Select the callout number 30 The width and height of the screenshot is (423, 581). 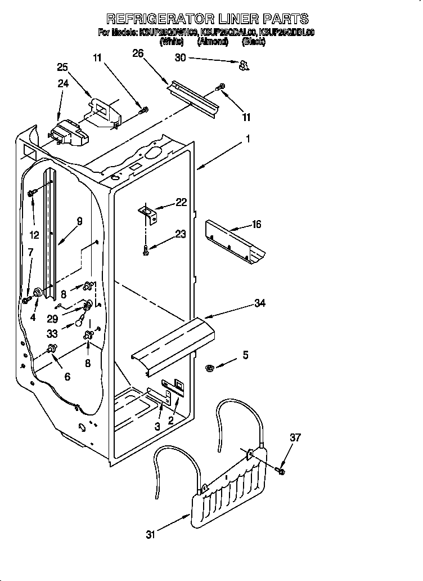click(180, 57)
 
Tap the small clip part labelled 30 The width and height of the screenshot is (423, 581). click(244, 66)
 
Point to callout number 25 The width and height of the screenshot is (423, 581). click(63, 66)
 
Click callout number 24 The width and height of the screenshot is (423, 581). click(63, 84)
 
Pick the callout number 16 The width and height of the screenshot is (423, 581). click(256, 225)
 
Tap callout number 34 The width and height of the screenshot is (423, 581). click(259, 303)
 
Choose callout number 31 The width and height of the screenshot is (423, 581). click(150, 535)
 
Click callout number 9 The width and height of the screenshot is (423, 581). click(80, 221)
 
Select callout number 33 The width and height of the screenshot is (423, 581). click(53, 333)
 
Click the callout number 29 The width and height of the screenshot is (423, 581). click(53, 318)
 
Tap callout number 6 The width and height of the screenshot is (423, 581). click(67, 377)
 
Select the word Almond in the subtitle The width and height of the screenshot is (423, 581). click(212, 41)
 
